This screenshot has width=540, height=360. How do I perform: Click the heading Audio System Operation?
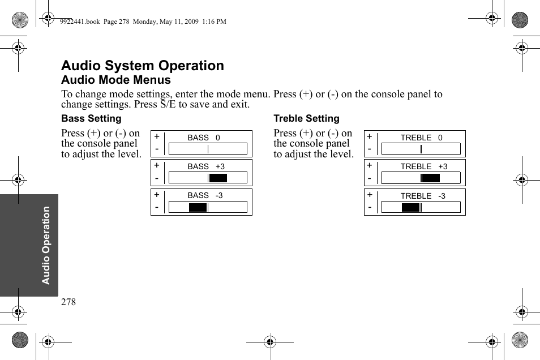pos(143,66)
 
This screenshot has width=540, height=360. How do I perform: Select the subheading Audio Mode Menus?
pos(116,80)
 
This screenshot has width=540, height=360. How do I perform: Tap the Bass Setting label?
pos(91,118)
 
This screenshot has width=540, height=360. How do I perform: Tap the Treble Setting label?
pos(306,118)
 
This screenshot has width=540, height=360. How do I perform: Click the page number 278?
pos(68,302)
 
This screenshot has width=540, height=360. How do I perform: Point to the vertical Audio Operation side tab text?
pos(46,245)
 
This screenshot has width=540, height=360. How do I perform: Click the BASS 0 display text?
pos(204,138)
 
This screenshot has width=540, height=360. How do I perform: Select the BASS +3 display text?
pos(206,166)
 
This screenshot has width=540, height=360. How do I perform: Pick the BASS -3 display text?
pos(205,195)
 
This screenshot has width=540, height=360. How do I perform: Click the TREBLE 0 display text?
pos(421,138)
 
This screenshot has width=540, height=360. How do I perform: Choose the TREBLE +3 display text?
pos(423,166)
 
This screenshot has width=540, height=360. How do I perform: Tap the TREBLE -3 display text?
pos(423,196)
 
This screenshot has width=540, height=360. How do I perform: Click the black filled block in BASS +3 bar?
pos(218,178)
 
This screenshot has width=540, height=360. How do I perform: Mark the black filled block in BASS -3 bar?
pos(198,207)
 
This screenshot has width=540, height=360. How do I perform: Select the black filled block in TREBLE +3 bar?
pos(431,178)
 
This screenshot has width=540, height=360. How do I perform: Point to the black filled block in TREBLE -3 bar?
pos(410,207)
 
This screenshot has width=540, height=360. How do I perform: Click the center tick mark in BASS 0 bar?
pos(208,149)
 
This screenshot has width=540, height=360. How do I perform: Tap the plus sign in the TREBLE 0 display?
pos(370,136)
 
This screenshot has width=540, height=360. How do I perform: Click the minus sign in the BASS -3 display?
pos(157,207)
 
